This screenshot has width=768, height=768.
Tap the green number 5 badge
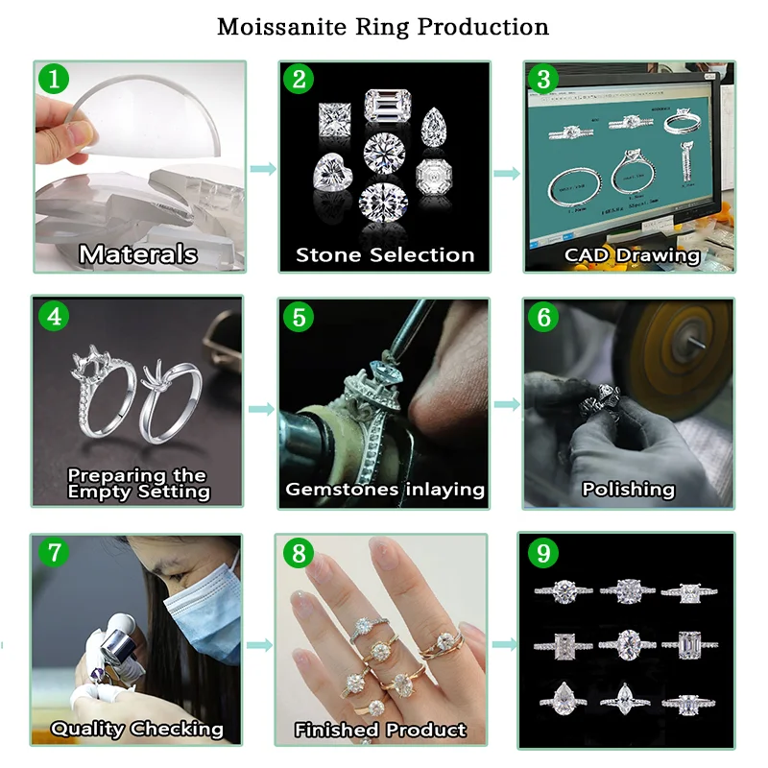point(299,316)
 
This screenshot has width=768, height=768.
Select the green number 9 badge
point(544,553)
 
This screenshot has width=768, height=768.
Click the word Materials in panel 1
point(138,254)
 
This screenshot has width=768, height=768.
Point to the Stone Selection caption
point(385,255)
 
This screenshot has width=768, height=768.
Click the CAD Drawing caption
point(632,255)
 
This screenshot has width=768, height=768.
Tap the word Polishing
point(629,490)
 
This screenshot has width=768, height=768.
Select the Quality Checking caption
point(136,729)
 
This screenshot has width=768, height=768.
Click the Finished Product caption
point(380,730)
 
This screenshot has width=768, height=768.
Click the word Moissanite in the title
point(277,26)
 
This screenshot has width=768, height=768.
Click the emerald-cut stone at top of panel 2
point(384,107)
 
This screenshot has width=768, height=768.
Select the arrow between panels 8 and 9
point(501,645)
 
